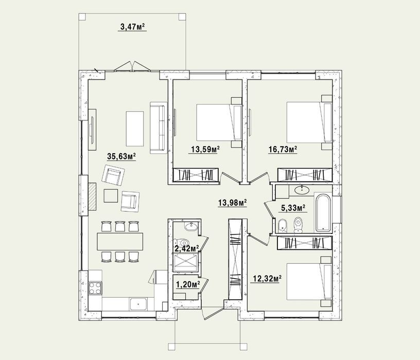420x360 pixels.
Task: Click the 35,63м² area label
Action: [x=121, y=156]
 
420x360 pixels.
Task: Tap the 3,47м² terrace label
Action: [x=133, y=27]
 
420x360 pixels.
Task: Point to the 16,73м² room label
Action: [x=283, y=149]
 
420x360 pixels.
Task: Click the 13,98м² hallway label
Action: [x=233, y=203]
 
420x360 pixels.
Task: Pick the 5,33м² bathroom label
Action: [x=293, y=208]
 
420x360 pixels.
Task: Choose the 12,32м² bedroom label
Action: [x=267, y=279]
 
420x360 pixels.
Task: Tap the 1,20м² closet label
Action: [x=188, y=284]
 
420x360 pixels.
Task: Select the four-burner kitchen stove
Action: [x=95, y=288]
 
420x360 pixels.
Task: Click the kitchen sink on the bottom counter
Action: [x=138, y=304]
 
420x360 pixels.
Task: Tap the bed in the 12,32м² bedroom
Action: [x=309, y=281]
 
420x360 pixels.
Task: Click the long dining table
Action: [x=120, y=241]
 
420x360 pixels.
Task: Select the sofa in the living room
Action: [x=159, y=128]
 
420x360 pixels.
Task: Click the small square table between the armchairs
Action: [x=111, y=195]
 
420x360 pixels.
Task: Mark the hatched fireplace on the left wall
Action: [x=93, y=195]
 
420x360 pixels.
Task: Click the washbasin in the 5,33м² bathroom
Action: [x=302, y=189]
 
